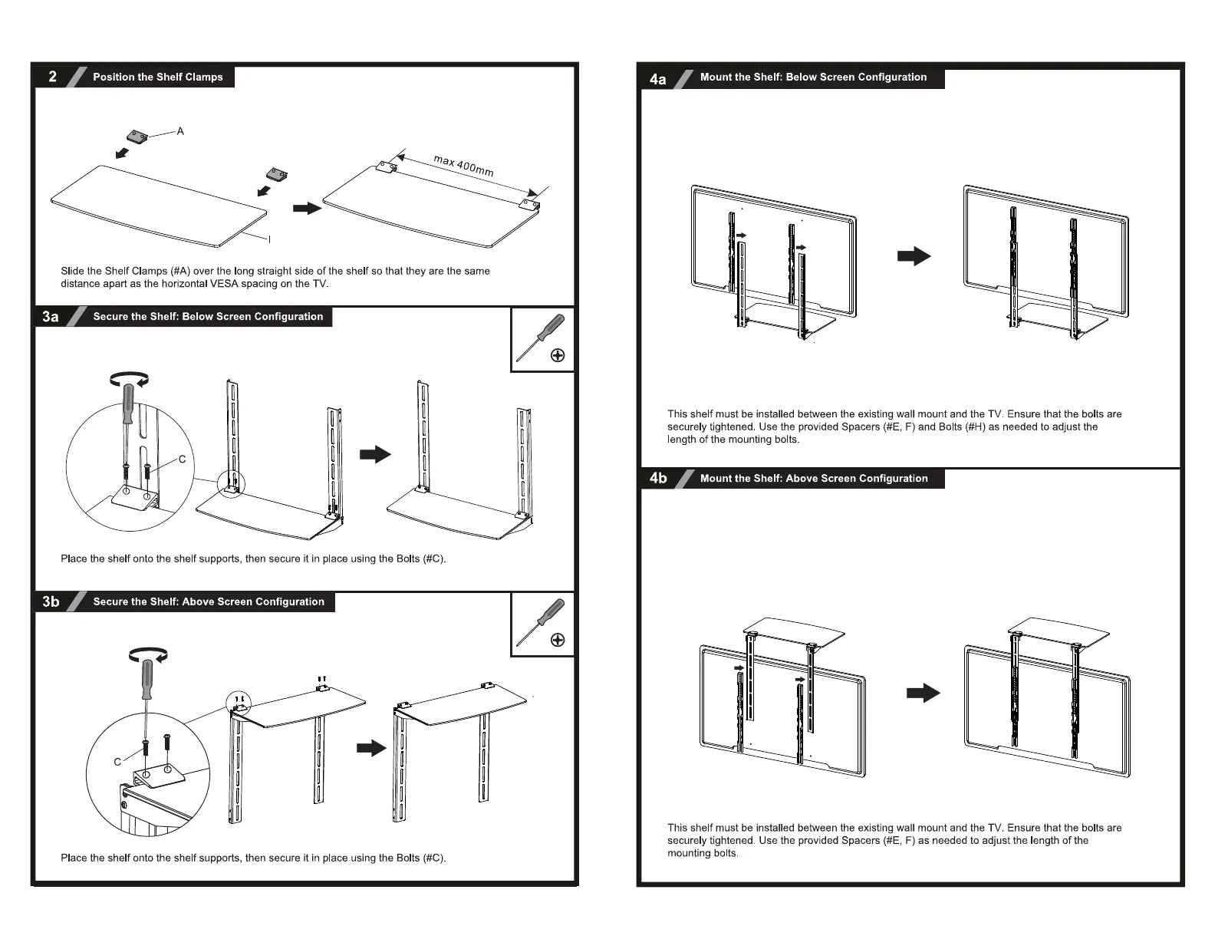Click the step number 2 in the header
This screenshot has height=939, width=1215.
coord(52,77)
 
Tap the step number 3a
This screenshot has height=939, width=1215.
coord(51,317)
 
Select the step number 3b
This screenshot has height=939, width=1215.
coord(51,602)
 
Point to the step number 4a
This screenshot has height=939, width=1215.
coord(658,78)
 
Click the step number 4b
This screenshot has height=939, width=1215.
coord(658,479)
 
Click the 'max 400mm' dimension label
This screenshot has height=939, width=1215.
coord(463,166)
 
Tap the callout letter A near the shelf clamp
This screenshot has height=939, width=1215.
coord(180,131)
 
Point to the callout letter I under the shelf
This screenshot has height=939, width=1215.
coord(269,239)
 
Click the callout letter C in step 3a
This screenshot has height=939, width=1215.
coord(182,460)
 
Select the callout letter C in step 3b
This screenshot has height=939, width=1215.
coord(117,762)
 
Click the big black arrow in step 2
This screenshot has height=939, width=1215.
coord(307,208)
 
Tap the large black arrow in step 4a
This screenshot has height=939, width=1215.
coord(914,256)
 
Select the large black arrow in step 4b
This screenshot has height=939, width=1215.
coord(923,694)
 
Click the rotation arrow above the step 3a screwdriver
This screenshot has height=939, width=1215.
coord(128,377)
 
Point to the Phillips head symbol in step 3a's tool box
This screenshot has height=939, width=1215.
coord(558,355)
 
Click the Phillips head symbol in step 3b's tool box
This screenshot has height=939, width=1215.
coord(558,641)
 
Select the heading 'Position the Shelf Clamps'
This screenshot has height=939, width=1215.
coord(158,77)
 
